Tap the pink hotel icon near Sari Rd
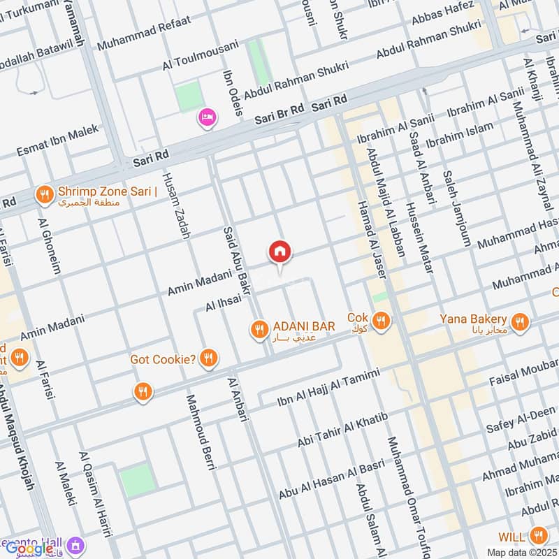208,117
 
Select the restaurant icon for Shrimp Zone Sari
45,195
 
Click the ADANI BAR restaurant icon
259,328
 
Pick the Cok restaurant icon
381,321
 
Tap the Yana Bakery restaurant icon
518,321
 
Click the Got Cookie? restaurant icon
208,359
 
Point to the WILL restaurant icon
537,536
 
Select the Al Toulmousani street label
200,55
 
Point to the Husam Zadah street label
176,205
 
